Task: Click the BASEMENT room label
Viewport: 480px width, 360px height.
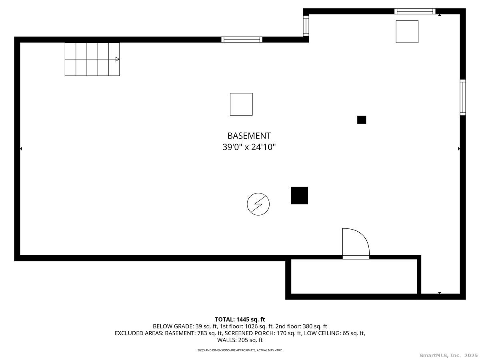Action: (x=249, y=136)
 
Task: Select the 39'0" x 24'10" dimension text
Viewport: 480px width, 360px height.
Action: (x=249, y=147)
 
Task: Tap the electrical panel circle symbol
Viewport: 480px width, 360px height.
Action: (x=258, y=204)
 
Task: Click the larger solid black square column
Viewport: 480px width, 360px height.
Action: (x=299, y=195)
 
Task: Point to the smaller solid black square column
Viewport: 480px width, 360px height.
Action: (x=362, y=120)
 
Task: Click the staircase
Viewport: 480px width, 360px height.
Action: (x=92, y=59)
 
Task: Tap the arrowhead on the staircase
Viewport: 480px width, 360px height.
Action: (x=117, y=59)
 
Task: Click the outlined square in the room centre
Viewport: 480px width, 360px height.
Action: (x=241, y=104)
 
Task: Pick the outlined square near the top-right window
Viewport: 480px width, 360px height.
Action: (x=407, y=32)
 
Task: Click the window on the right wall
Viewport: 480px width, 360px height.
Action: (x=463, y=97)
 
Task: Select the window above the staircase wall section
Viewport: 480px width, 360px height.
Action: (x=242, y=39)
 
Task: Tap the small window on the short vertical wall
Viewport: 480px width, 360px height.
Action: (x=306, y=25)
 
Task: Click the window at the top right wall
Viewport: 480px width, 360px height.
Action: (x=414, y=11)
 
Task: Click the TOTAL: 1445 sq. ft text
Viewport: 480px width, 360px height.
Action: (x=240, y=319)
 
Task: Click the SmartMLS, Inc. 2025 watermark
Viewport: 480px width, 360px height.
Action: (x=448, y=355)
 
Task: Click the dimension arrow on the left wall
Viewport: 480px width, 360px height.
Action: (x=21, y=149)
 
